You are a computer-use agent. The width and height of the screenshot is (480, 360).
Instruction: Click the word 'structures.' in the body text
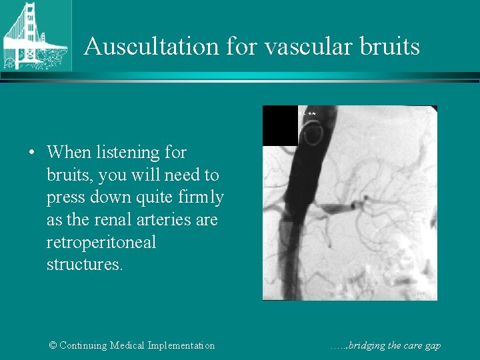pyautogui.click(x=85, y=265)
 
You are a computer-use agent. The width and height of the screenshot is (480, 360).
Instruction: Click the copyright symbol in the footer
pyautogui.click(x=53, y=345)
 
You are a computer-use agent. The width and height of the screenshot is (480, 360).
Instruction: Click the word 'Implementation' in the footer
pyautogui.click(x=185, y=345)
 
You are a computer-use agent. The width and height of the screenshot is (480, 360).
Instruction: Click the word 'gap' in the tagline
pyautogui.click(x=432, y=346)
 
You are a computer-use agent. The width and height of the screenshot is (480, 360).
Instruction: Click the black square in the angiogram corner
pyautogui.click(x=280, y=125)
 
